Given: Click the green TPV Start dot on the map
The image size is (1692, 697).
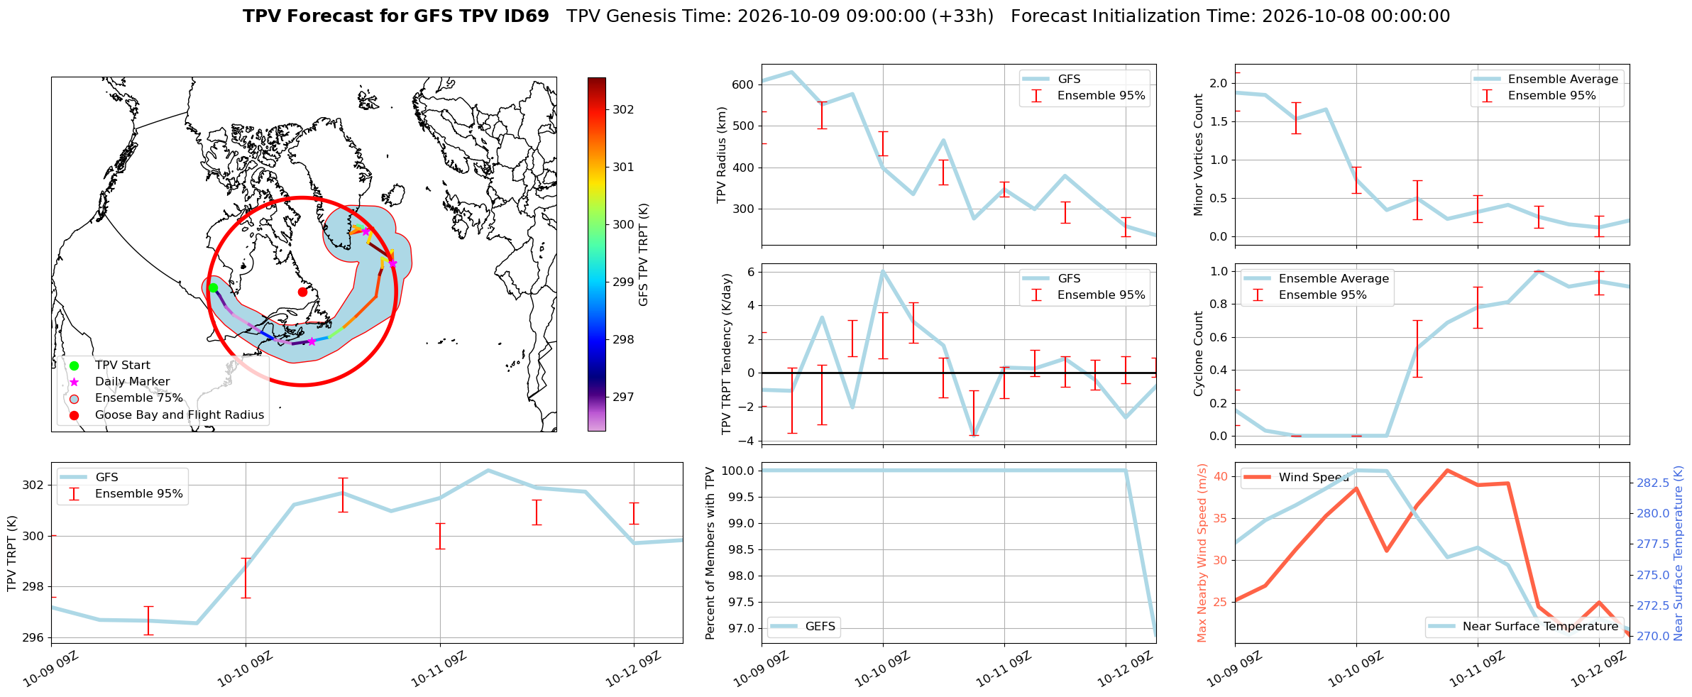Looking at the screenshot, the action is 213,287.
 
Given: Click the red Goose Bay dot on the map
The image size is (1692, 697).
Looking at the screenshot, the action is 302,292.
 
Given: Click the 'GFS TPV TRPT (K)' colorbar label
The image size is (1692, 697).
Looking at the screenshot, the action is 644,254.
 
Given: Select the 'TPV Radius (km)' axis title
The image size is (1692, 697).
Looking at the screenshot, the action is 723,155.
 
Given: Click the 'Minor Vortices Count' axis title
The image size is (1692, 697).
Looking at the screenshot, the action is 1199,155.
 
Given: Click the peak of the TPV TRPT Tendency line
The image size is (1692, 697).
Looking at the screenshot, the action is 883,270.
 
